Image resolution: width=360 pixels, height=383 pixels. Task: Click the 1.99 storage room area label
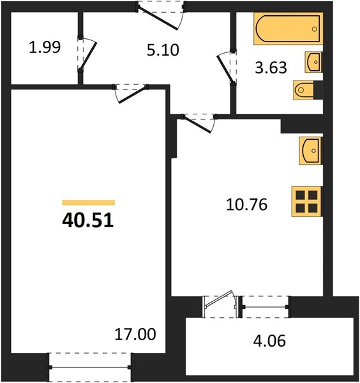pyautogui.click(x=45, y=47)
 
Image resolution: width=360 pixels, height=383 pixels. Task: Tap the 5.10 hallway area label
pyautogui.click(x=163, y=50)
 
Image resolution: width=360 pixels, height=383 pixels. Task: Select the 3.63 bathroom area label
pyautogui.click(x=271, y=68)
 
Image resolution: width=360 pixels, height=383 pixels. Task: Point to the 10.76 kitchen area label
pyautogui.click(x=246, y=205)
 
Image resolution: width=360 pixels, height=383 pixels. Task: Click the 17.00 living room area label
pyautogui.click(x=135, y=334)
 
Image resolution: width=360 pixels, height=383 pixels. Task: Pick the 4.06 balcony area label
pyautogui.click(x=269, y=341)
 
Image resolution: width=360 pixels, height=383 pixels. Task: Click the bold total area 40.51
pyautogui.click(x=88, y=220)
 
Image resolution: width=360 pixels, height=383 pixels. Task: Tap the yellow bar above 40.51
pyautogui.click(x=89, y=202)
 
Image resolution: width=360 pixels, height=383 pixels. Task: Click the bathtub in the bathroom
pyautogui.click(x=289, y=29)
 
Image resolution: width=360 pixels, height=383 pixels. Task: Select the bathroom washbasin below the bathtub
pyautogui.click(x=313, y=62)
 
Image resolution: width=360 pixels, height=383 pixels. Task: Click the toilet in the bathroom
pyautogui.click(x=304, y=90)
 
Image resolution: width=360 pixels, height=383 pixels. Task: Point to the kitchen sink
pyautogui.click(x=310, y=151)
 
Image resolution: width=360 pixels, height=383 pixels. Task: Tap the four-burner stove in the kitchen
pyautogui.click(x=306, y=202)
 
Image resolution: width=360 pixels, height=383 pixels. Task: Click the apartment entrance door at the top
pyautogui.click(x=161, y=15)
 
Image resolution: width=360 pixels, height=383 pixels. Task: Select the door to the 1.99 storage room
pyautogui.click(x=87, y=54)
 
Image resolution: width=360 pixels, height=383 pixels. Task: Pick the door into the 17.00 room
pyautogui.click(x=131, y=93)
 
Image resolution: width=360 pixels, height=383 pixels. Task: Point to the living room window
pyautogui.click(x=90, y=367)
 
